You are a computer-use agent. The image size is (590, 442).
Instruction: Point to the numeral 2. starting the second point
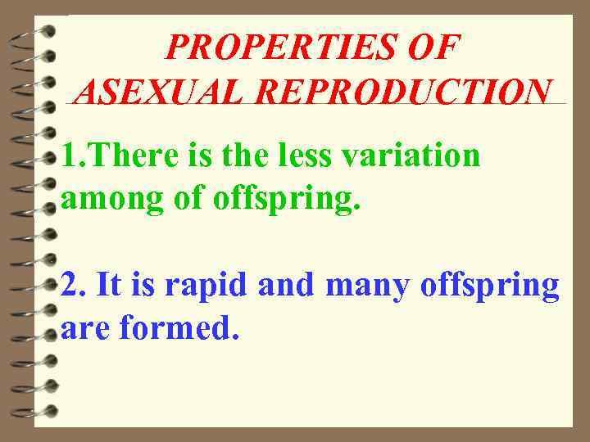point(74,286)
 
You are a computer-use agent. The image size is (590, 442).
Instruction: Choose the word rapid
point(207,287)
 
